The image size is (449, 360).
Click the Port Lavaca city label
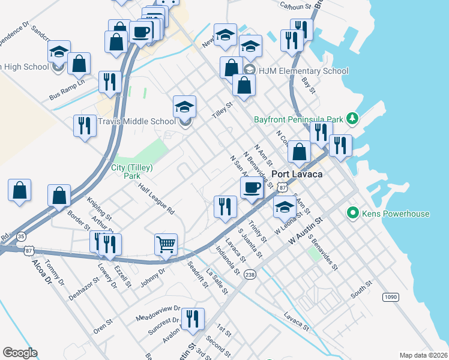click(297, 174)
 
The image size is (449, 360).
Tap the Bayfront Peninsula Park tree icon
click(352, 119)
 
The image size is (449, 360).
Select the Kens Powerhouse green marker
click(353, 213)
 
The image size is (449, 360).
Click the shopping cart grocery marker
click(166, 244)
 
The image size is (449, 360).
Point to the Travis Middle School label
click(137, 121)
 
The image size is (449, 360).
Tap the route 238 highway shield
click(250, 274)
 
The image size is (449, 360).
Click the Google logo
click(20, 352)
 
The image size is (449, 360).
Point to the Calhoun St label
click(297, 5)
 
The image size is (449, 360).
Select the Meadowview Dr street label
click(158, 311)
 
